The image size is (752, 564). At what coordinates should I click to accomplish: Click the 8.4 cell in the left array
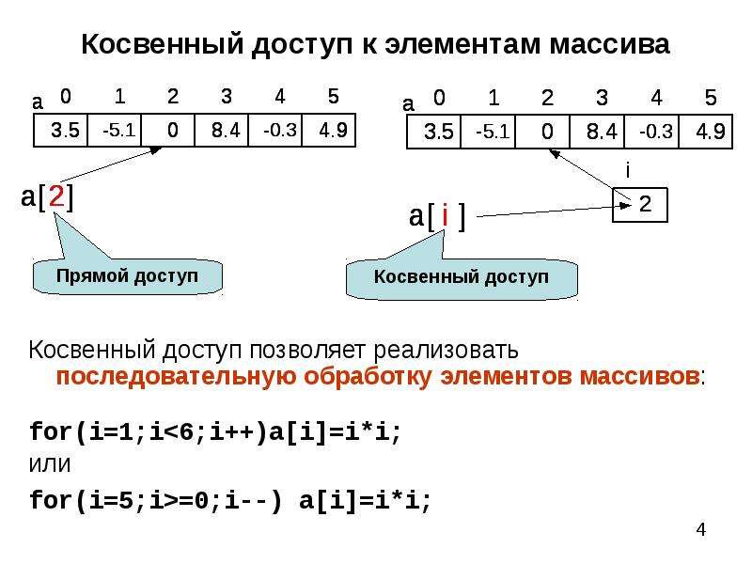222,130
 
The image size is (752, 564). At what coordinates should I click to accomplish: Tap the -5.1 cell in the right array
488,132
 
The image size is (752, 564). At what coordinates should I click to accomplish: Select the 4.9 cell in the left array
329,130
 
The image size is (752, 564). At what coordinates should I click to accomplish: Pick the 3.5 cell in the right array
433,132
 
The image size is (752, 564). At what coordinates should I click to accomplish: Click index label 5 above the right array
711,98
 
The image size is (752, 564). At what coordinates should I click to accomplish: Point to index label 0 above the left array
66,97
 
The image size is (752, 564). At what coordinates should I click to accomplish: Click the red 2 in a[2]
56,196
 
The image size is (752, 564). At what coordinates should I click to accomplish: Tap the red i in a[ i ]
445,215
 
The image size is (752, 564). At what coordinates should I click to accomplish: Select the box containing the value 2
640,205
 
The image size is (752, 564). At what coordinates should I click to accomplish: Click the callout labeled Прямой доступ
127,275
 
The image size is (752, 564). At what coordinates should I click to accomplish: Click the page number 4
701,529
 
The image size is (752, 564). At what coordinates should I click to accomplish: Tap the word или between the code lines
50,463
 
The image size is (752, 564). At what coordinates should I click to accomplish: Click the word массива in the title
609,44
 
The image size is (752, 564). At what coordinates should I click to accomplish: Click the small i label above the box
628,170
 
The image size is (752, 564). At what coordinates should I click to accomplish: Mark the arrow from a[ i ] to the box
554,211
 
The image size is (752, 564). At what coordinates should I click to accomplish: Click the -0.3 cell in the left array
275,130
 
